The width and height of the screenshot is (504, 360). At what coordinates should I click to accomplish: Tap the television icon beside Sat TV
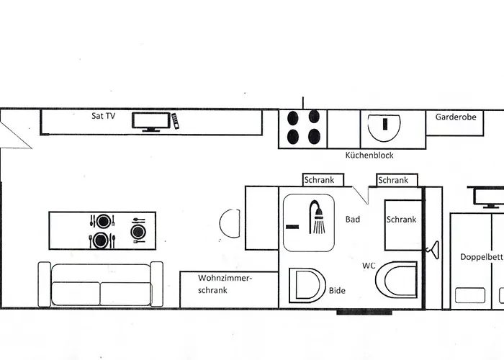(x=151, y=121)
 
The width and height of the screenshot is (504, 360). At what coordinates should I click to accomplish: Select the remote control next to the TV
(x=174, y=120)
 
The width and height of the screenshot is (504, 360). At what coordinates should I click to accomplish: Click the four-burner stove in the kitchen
(x=303, y=127)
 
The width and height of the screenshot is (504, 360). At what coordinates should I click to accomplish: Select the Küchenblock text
(x=369, y=156)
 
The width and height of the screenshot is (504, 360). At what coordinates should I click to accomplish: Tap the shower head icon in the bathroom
(x=317, y=219)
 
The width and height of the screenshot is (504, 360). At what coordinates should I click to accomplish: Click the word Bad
(x=353, y=220)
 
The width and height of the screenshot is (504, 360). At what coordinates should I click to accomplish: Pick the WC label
(x=369, y=266)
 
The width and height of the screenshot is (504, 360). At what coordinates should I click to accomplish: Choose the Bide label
(x=336, y=291)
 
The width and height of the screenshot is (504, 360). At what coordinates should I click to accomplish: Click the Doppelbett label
(x=480, y=257)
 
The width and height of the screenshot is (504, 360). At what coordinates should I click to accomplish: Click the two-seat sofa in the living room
(x=100, y=284)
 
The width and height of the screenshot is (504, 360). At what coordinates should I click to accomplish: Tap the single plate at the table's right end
(x=138, y=231)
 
